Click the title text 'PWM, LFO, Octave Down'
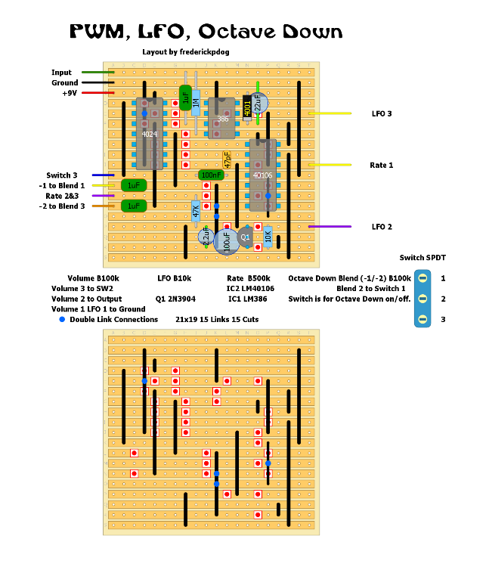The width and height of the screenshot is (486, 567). [x=206, y=32]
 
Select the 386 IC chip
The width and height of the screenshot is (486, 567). [x=222, y=119]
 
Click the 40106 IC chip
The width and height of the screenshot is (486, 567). [x=263, y=175]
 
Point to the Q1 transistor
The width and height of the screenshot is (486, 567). [x=245, y=237]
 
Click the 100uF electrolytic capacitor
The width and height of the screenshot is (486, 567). [x=226, y=242]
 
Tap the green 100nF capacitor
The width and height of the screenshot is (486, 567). [x=211, y=175]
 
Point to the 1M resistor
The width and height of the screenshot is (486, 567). [x=196, y=103]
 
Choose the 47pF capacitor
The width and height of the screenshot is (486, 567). [x=227, y=160]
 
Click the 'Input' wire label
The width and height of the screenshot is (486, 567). [x=62, y=73]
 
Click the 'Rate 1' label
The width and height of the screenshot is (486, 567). [x=382, y=165]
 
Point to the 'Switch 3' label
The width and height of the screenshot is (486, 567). [x=62, y=175]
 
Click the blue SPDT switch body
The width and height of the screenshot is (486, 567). [x=423, y=299]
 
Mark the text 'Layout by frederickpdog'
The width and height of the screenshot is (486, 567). [x=185, y=52]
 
